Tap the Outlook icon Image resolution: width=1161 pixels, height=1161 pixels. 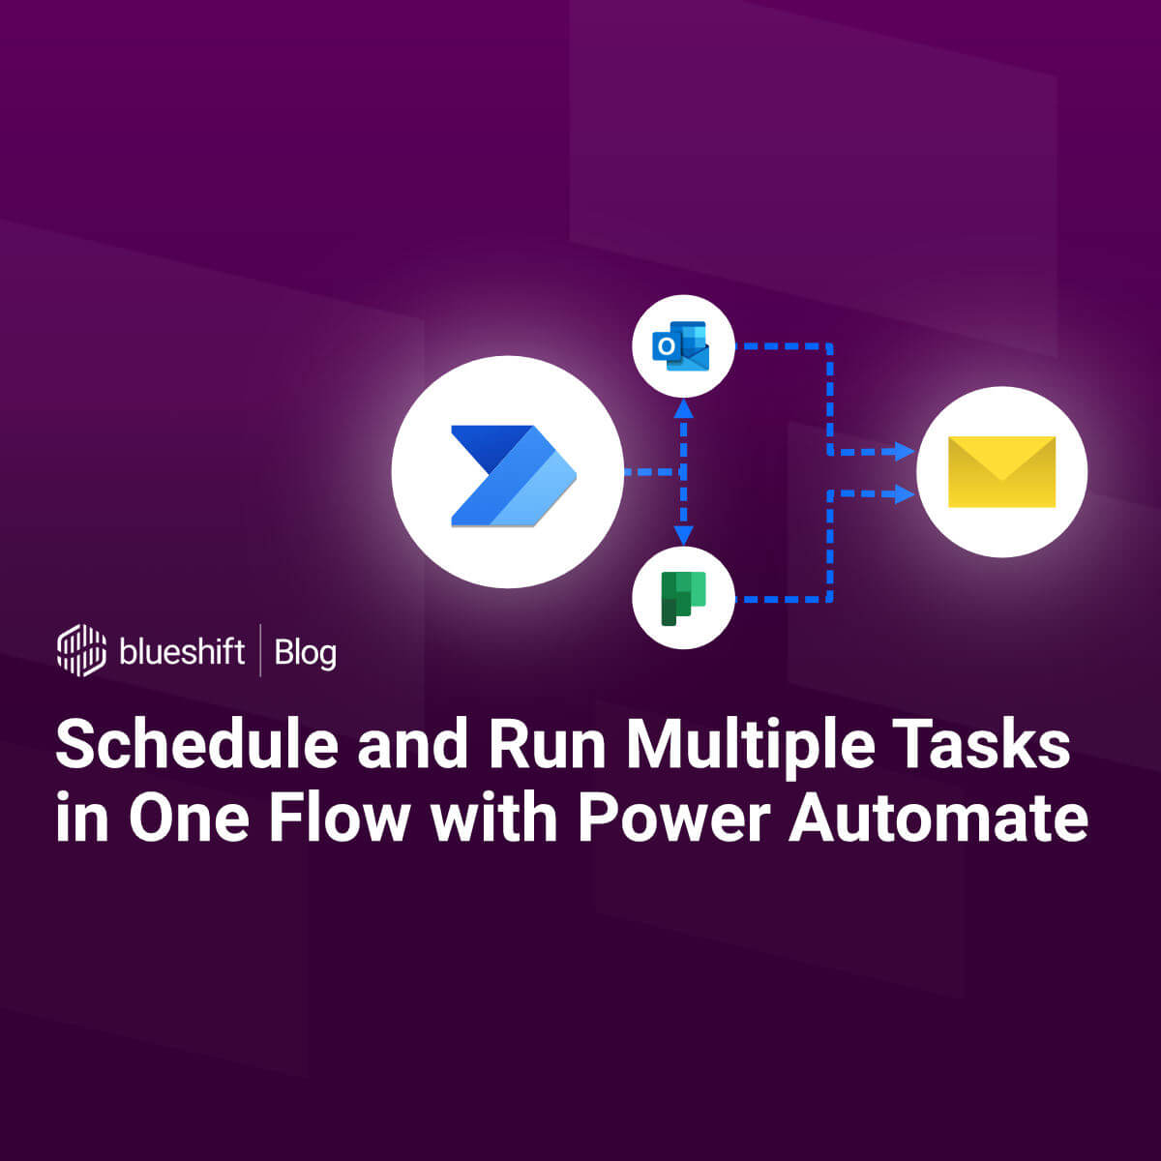click(x=682, y=345)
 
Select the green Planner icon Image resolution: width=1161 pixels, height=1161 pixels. click(x=683, y=598)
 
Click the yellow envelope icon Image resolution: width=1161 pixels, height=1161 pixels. click(x=1001, y=472)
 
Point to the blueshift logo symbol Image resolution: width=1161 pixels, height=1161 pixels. click(x=81, y=650)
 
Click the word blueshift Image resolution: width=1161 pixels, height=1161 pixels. click(x=182, y=651)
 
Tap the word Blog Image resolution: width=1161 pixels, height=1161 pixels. click(x=305, y=653)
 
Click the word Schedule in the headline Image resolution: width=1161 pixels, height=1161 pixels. click(x=197, y=746)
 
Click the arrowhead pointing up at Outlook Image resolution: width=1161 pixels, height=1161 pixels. click(x=684, y=408)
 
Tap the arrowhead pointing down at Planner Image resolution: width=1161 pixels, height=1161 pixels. click(x=684, y=535)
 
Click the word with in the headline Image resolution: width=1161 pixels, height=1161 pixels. click(x=493, y=819)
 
